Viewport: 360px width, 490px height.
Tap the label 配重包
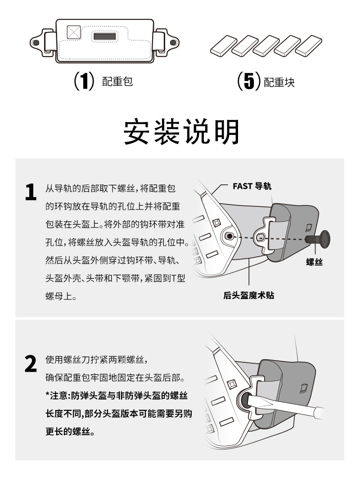tap(117, 82)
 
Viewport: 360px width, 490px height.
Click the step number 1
tap(30, 192)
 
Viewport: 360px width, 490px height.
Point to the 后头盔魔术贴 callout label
tap(249, 295)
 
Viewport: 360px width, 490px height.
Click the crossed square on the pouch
tap(72, 32)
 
